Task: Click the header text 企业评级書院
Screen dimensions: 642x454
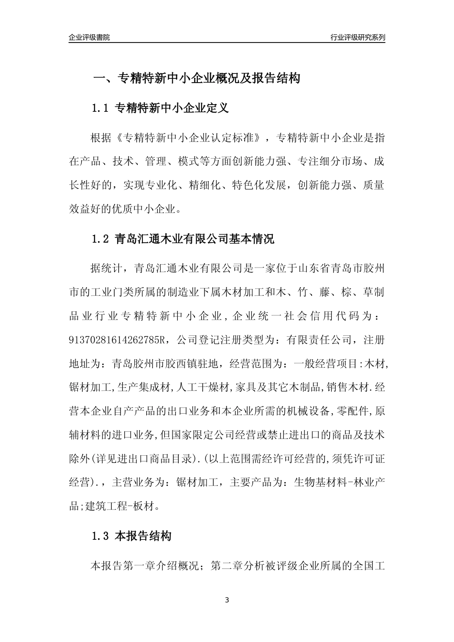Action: tap(89, 37)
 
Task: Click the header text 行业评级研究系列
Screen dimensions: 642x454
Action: tap(357, 37)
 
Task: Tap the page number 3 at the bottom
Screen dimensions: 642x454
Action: tap(227, 600)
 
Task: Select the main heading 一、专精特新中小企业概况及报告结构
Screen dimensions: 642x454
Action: tap(196, 78)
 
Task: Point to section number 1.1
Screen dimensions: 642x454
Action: tap(101, 108)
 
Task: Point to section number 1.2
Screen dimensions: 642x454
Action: tap(101, 239)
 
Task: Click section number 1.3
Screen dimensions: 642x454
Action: tap(101, 536)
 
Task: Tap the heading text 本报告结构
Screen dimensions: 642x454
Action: tap(143, 536)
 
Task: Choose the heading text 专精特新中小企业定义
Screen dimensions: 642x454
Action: tap(172, 108)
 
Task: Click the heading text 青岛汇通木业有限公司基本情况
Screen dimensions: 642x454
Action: tap(195, 239)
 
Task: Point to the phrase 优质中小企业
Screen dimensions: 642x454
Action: tap(147, 209)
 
